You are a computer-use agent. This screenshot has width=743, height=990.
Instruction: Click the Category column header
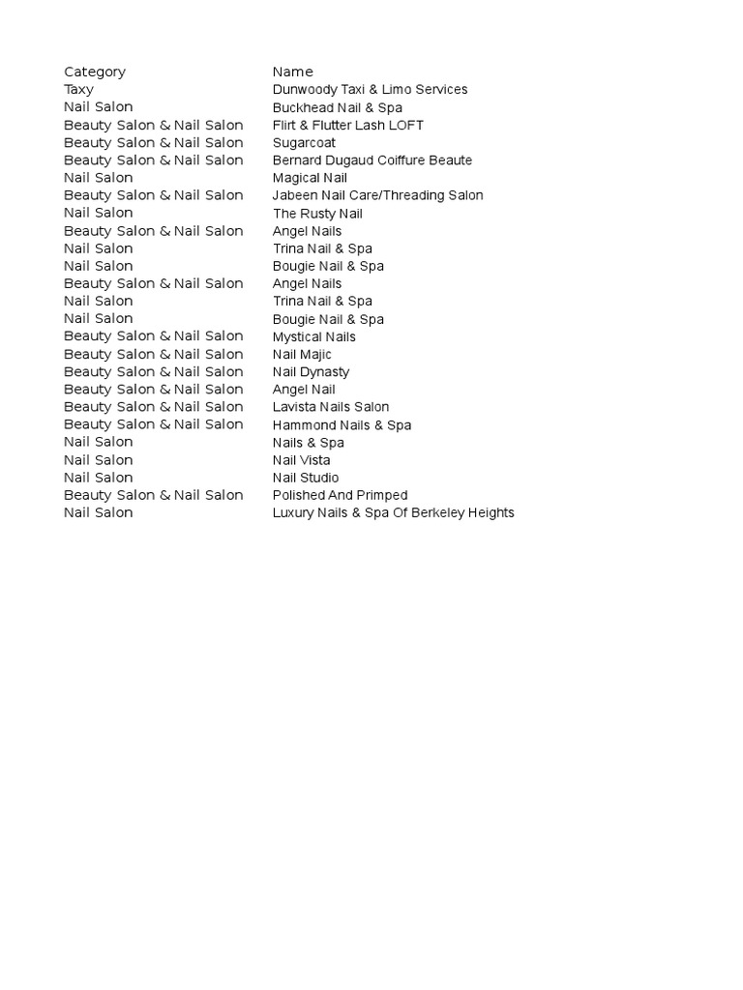point(95,72)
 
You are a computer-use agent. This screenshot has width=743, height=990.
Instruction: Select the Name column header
point(293,72)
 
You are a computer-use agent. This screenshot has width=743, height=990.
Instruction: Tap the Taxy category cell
point(79,89)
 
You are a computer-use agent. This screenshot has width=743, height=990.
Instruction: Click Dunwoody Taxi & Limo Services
point(370,89)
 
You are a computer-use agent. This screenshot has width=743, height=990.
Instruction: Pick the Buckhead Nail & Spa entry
point(337,107)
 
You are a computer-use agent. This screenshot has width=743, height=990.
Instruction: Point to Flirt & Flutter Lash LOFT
point(348,125)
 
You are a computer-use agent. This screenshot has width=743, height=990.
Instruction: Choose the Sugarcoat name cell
point(304,142)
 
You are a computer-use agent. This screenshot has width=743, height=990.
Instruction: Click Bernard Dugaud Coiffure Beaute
point(372,160)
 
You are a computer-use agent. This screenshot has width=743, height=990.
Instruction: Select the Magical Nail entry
point(310,178)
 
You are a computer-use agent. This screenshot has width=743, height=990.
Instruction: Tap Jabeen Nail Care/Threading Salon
point(377,195)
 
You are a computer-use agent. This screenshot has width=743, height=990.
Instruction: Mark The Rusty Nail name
point(317,213)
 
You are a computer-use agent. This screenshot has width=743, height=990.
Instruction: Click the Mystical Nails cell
point(314,336)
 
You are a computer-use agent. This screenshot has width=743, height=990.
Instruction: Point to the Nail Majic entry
point(302,354)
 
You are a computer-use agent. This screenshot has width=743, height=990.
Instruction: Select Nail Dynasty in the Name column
point(311,371)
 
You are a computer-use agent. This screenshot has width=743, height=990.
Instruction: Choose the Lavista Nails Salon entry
point(331,407)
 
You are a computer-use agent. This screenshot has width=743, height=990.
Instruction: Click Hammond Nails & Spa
point(342,424)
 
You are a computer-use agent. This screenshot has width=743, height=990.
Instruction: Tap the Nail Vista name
point(301,460)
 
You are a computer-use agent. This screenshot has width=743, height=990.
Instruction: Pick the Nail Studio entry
point(306,478)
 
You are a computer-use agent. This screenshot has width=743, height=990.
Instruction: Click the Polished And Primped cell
point(340,495)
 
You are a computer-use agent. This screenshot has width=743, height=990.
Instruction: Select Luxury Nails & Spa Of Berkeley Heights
point(393,512)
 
